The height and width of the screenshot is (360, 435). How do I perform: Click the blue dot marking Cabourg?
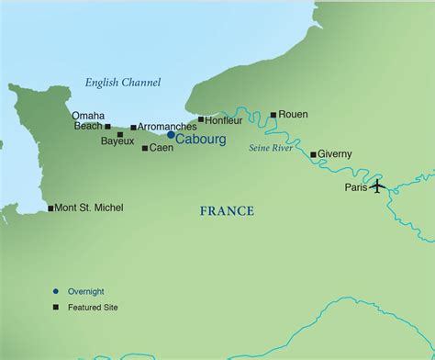pos(171,135)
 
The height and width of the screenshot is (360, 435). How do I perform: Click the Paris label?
pos(355,187)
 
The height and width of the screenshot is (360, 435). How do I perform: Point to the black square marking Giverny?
pos(313,154)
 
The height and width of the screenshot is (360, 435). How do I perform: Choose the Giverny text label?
pos(335,154)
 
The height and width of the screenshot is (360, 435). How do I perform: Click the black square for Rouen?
pos(273,115)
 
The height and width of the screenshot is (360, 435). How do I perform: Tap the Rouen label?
pos(294,115)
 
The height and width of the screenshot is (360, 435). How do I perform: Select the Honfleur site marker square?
pos(201,119)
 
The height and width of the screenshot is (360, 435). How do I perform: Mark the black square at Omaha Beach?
pos(107,127)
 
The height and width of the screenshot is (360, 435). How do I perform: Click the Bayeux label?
pos(117,141)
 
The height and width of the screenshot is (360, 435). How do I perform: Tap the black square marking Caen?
pos(145,148)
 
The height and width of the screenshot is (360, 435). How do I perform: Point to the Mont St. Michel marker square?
pos(50,208)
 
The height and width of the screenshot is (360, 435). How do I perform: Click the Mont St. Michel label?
pos(89,208)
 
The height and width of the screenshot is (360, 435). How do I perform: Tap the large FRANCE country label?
pos(227,212)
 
